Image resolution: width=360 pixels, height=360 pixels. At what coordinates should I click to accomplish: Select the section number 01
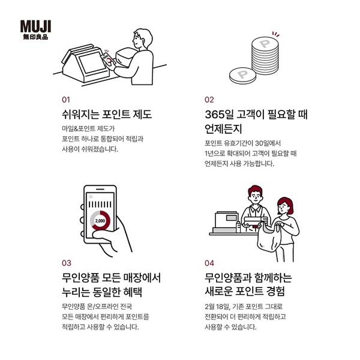66,99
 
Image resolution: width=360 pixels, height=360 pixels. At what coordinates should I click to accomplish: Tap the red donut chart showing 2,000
100,220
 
